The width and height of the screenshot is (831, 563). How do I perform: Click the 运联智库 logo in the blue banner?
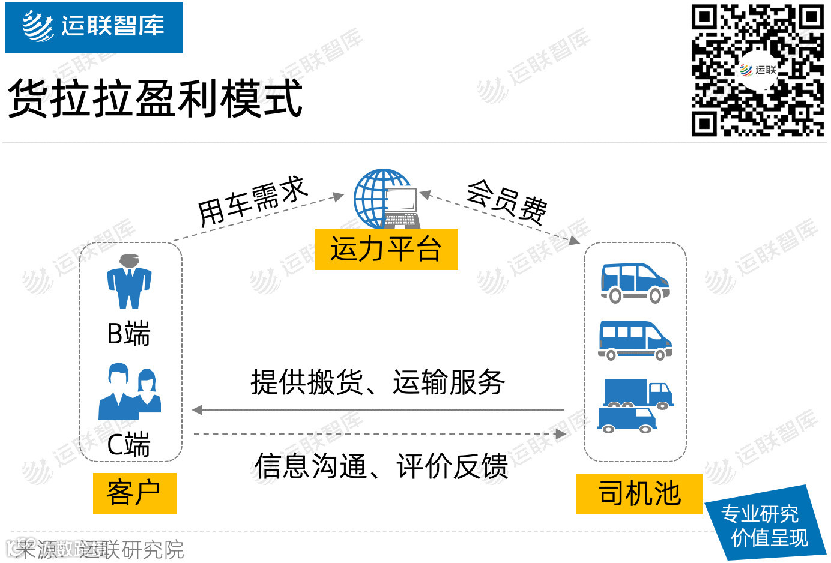click(x=94, y=27)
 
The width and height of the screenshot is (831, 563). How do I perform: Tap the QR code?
click(x=757, y=70)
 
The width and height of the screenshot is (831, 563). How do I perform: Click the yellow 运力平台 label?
click(x=386, y=249)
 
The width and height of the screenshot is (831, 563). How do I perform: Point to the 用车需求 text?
click(x=253, y=201)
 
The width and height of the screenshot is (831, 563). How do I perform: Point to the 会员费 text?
click(x=506, y=200)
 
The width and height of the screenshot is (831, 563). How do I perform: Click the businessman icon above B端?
click(x=129, y=281)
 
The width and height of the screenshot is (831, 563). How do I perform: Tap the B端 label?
click(x=128, y=334)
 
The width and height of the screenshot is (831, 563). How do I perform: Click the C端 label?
click(x=128, y=445)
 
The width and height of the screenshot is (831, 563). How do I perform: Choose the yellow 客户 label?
click(x=134, y=493)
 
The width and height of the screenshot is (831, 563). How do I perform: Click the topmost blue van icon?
click(x=635, y=282)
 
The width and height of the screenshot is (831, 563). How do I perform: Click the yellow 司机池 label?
click(x=639, y=494)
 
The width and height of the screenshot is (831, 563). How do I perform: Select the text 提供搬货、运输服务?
click(x=378, y=382)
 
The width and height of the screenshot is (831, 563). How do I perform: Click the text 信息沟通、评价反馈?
click(x=381, y=466)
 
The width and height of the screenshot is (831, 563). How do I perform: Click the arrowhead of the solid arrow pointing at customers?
click(x=197, y=410)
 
